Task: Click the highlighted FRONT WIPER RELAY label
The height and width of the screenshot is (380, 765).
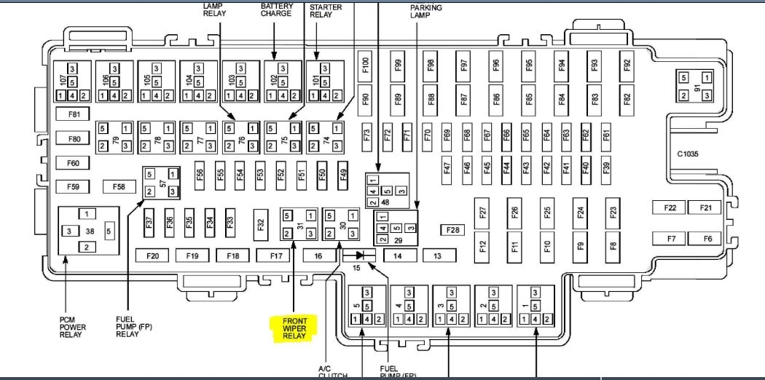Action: [291, 328]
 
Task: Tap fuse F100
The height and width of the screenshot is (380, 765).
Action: [366, 65]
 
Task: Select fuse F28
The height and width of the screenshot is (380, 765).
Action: [452, 230]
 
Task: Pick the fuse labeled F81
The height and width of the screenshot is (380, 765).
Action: [73, 114]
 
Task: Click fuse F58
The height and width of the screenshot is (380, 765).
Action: [119, 187]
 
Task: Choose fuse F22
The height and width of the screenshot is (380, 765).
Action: [670, 208]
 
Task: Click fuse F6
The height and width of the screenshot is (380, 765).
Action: [706, 238]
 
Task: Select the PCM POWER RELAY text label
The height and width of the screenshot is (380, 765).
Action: [73, 328]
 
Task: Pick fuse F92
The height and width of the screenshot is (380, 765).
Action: [627, 65]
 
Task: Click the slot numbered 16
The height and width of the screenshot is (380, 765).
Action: [318, 256]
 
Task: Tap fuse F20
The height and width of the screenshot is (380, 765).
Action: [152, 256]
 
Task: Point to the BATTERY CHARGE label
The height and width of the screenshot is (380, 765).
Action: [276, 9]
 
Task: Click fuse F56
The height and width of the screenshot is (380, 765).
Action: [200, 174]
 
